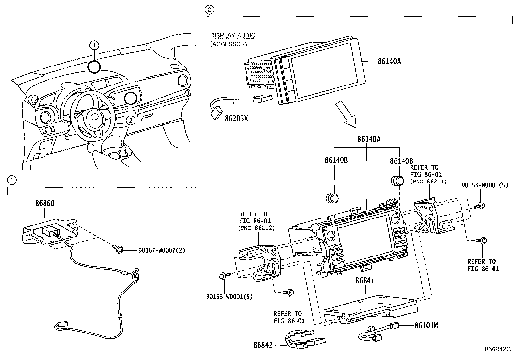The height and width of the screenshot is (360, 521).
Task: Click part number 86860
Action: coord(45,203)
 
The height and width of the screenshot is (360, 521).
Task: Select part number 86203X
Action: coord(236,119)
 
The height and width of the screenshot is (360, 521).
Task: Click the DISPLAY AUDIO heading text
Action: coord(233,35)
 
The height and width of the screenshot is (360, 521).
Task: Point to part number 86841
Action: coord(365,281)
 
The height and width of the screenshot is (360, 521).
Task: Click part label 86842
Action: coord(263,345)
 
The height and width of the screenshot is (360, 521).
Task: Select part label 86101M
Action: coord(426,326)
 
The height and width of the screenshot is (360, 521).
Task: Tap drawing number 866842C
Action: coord(498,349)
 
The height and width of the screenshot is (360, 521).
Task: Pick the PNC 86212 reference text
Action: coord(256,228)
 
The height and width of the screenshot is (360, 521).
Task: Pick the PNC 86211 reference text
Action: coord(428,181)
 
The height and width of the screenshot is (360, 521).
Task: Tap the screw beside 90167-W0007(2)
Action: coord(118,250)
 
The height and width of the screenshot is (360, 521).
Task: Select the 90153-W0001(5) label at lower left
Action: coord(229,297)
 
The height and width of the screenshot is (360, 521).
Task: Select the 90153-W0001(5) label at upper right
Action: coord(485,185)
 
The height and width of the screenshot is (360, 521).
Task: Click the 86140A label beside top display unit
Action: coord(389,61)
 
